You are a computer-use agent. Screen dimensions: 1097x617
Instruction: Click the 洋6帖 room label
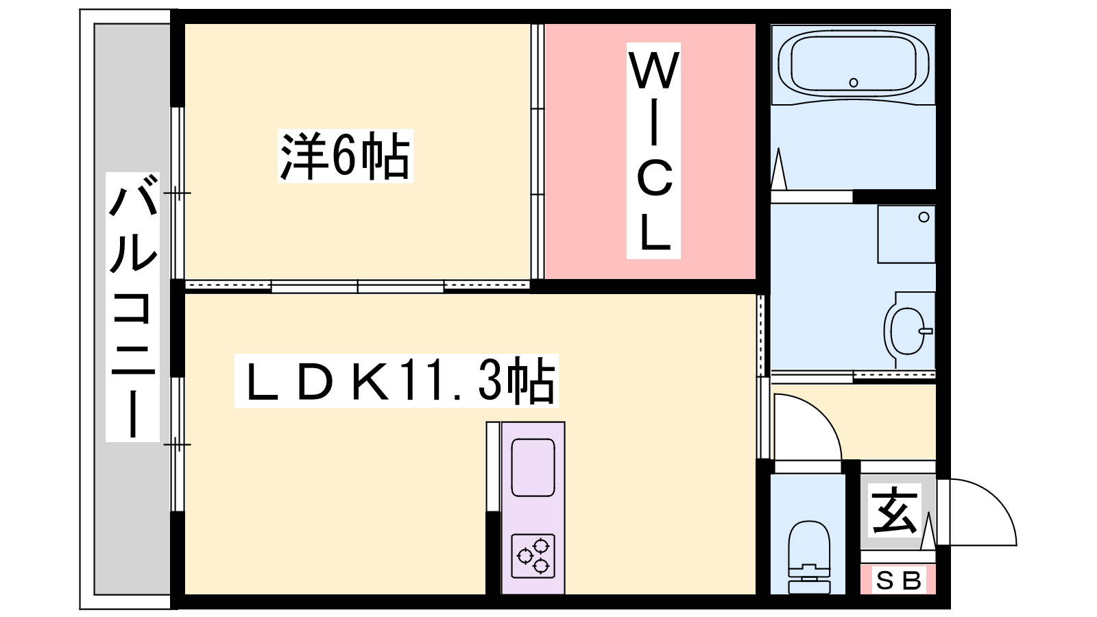(346, 156)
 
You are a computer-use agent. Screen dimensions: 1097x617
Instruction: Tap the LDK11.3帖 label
(396, 380)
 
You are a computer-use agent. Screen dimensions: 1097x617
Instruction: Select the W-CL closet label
(654, 150)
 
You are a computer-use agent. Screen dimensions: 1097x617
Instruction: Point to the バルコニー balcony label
(133, 307)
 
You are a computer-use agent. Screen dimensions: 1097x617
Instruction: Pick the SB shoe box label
(898, 581)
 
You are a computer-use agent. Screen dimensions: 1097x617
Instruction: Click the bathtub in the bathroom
(853, 64)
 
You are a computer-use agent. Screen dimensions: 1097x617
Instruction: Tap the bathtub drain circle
(854, 83)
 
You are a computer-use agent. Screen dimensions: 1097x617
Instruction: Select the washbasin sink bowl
(908, 331)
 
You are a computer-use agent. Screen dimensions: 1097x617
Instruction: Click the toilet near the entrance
(808, 557)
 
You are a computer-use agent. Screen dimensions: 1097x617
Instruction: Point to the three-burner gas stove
(533, 556)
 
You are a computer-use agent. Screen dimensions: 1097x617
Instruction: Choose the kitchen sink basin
(533, 468)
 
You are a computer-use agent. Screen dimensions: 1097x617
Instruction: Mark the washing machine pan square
(906, 234)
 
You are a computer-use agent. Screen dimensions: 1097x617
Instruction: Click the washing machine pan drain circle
(924, 217)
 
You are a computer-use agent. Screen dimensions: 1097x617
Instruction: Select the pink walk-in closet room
(651, 152)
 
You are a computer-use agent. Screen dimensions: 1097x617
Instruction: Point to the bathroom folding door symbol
(779, 169)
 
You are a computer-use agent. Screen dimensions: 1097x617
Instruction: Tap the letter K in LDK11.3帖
(371, 381)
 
